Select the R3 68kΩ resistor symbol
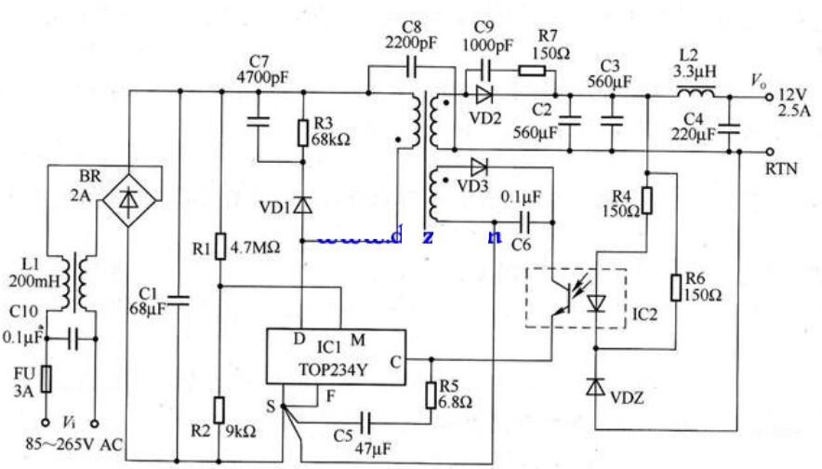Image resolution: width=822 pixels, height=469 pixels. point(303,133)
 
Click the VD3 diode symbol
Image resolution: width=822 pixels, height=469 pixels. point(478,167)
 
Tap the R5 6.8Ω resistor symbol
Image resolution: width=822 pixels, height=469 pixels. point(431,395)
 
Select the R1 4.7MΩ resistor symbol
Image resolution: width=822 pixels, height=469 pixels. point(219,248)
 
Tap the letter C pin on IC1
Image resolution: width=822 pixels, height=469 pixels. point(395,362)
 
